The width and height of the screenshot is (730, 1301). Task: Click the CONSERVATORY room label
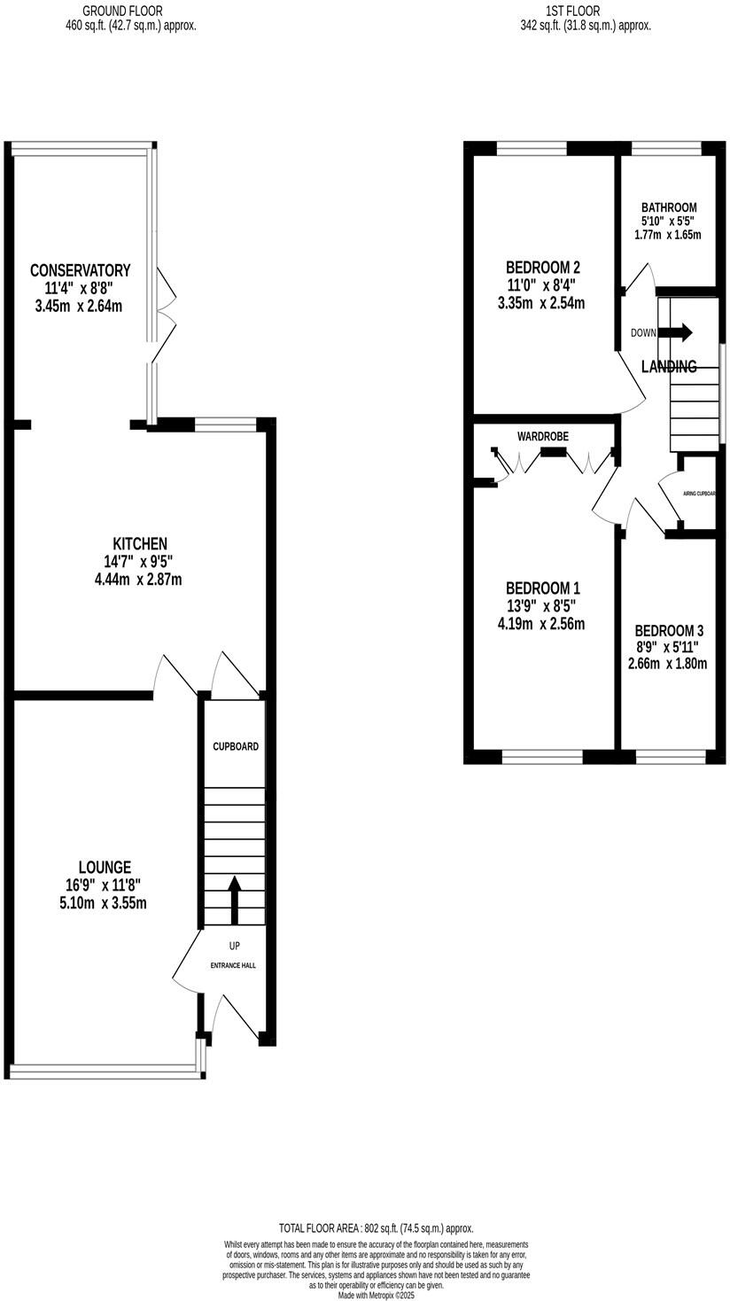tap(80, 270)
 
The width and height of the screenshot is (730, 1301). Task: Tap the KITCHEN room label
tap(139, 543)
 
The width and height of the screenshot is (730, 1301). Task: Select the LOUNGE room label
tap(105, 868)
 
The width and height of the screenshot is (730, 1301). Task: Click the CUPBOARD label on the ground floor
tap(236, 746)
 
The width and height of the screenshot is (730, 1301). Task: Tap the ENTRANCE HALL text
tap(233, 965)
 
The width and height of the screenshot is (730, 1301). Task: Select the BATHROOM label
tap(669, 207)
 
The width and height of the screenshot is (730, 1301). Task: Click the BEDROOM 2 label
tap(542, 267)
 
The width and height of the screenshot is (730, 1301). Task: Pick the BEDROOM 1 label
tap(542, 588)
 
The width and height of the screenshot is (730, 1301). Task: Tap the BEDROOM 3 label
tap(669, 630)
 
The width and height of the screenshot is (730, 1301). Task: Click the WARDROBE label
tap(543, 436)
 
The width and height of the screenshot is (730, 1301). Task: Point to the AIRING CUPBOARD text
tap(699, 494)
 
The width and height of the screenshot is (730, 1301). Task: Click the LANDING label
tap(669, 366)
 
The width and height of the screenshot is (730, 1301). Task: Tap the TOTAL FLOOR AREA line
tap(376, 1228)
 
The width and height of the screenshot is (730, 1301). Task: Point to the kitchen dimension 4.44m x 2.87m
tap(137, 580)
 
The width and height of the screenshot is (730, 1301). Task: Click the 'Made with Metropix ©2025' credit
tap(376, 1295)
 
